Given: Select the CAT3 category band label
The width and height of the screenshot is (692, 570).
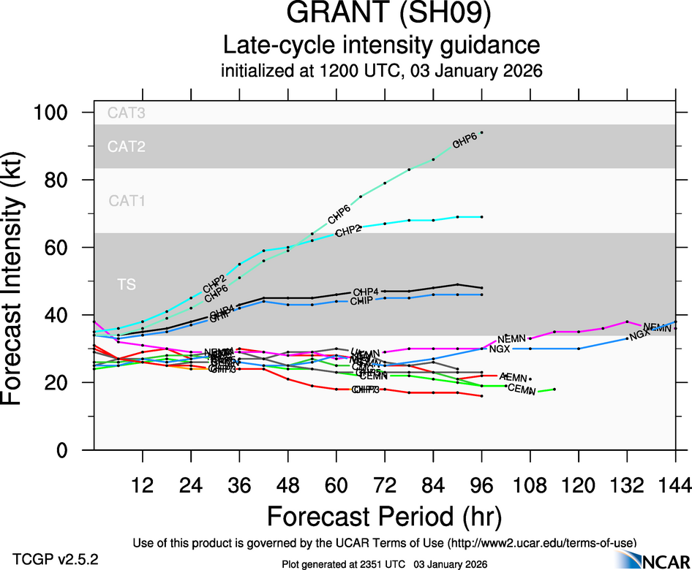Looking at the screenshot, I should point(126,113).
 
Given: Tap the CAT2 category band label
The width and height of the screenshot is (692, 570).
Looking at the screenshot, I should point(126,147).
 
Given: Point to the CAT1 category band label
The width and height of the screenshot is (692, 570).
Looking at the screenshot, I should point(126,200).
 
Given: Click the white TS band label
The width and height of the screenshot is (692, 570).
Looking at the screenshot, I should point(127,284).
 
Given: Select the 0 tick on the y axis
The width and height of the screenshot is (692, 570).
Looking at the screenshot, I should point(75,450).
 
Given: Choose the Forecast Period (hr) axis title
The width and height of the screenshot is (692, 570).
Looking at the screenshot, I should point(383,516).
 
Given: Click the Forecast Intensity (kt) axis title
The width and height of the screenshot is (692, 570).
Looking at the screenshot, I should point(21,281).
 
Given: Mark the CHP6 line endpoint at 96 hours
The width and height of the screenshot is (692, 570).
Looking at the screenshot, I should point(481,133).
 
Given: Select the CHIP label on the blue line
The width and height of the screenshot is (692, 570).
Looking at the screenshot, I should point(362,301).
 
